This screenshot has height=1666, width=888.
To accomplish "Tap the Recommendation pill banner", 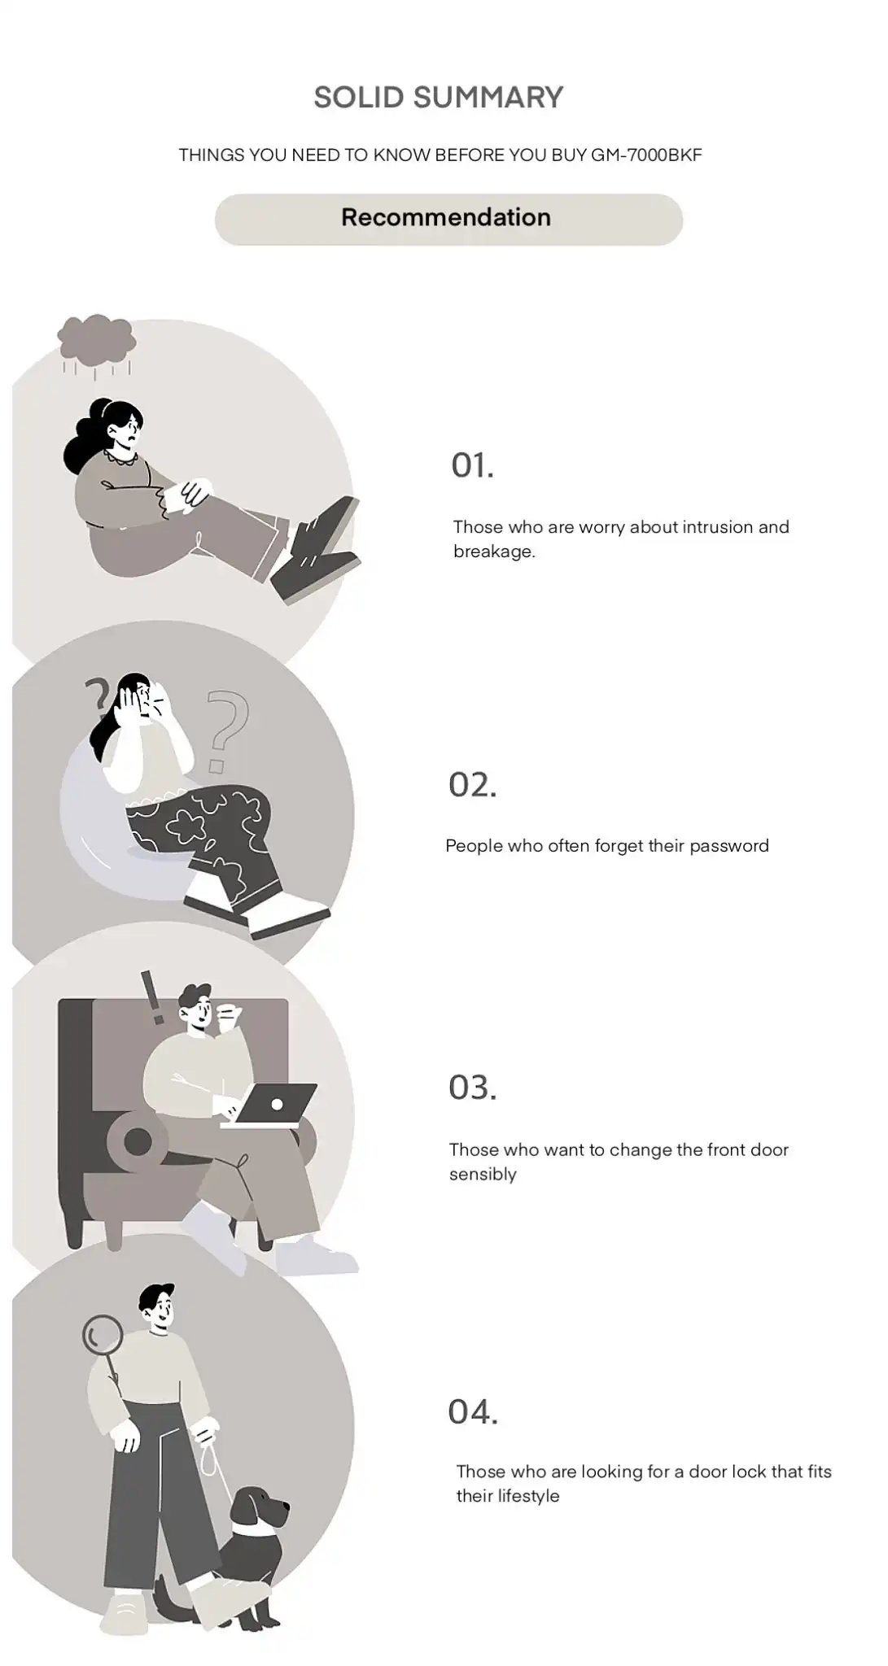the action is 448,219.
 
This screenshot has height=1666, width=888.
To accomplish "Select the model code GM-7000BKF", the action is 646,155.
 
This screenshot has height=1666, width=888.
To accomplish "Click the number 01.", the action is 472,465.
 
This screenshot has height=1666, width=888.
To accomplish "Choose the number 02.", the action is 472,785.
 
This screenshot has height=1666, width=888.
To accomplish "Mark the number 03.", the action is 472,1088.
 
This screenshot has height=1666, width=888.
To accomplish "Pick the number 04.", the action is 473,1411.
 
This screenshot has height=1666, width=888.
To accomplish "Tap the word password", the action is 729,846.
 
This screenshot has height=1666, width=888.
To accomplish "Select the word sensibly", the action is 483,1175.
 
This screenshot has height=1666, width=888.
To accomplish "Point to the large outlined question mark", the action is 225,730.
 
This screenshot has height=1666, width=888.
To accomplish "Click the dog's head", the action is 259,1509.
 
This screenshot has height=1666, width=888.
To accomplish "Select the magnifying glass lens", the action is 103,1335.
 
